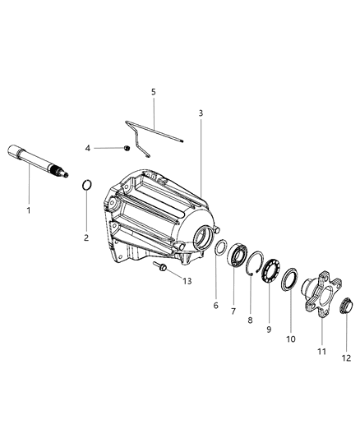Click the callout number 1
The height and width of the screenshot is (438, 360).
29,210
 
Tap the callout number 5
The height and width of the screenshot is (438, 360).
152,93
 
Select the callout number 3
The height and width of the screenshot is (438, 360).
200,112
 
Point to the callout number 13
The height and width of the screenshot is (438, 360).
187,280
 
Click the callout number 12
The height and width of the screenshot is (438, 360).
346,357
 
